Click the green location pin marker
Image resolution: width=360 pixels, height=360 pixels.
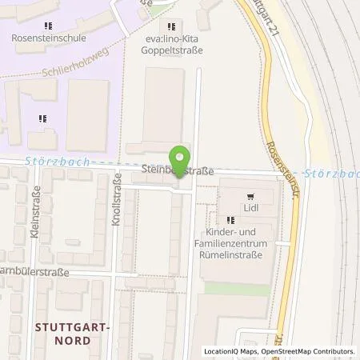pos(180,157)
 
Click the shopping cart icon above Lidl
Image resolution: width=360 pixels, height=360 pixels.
pos(251,194)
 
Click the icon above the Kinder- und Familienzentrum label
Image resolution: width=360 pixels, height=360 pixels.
pos(231,220)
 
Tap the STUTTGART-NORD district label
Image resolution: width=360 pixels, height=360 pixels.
pos(74,333)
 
